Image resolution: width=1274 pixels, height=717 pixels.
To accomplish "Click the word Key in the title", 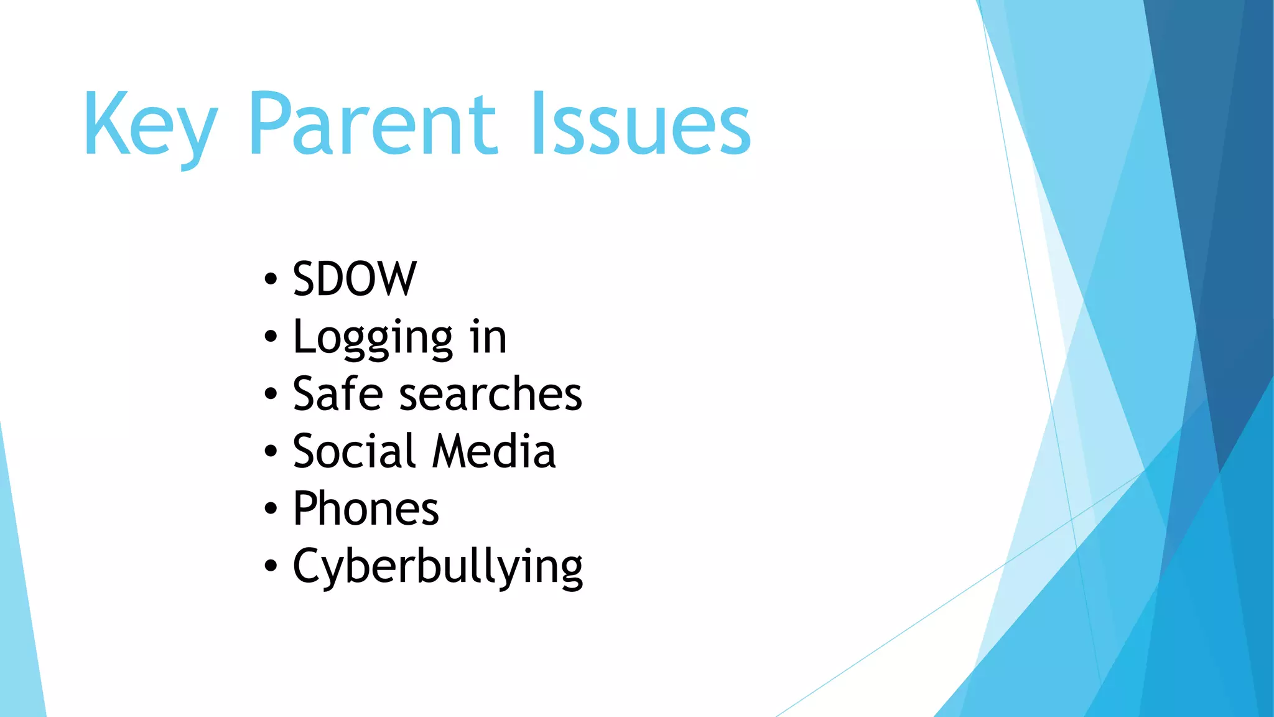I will coord(150,124).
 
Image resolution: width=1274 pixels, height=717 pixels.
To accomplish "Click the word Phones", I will coord(366,508).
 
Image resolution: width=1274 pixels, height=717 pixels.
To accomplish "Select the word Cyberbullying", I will coord(438,566).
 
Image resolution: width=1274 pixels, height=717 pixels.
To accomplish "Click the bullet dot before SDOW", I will coord(270,279).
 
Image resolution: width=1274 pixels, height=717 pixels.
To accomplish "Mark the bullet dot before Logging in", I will coord(270,337).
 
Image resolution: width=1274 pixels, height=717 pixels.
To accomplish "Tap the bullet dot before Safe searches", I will coord(270,394).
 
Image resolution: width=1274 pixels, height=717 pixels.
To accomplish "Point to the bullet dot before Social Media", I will coord(270,451).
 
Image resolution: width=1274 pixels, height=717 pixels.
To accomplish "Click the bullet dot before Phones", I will coord(270,508).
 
